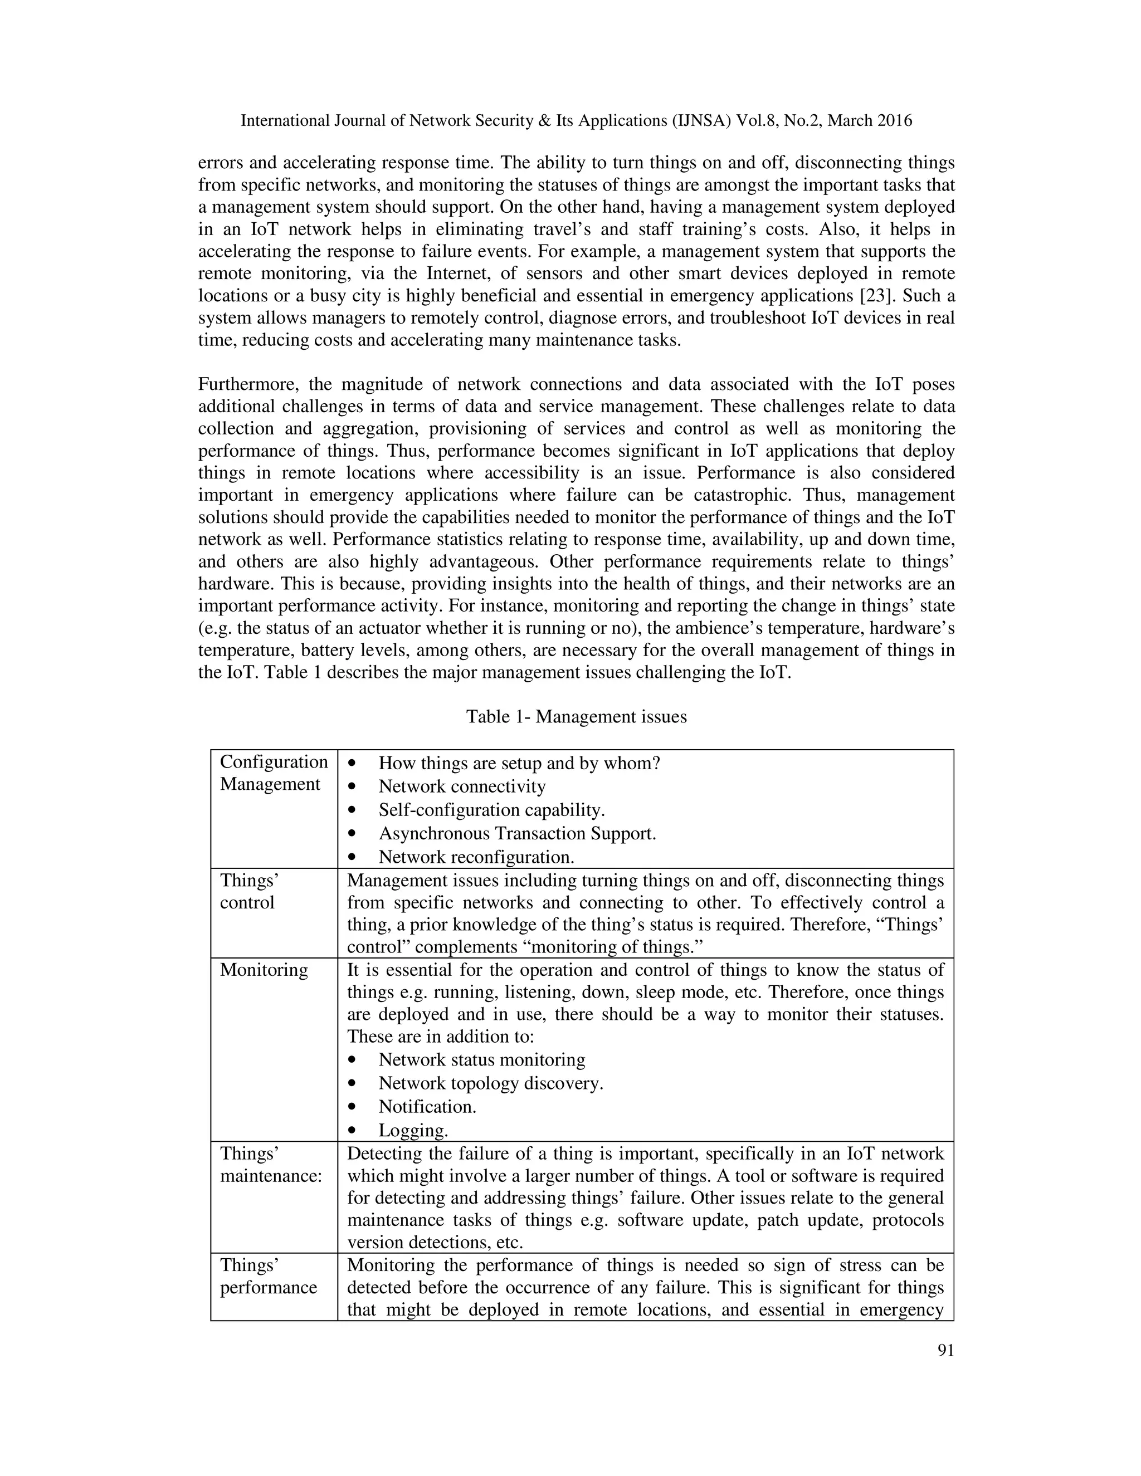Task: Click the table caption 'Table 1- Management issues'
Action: (576, 716)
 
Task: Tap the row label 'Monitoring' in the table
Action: (264, 970)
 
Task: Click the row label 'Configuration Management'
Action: (273, 773)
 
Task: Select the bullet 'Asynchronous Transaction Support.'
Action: (517, 833)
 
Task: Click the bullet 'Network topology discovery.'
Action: (491, 1083)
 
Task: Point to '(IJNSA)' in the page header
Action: (701, 121)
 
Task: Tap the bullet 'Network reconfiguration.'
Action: (476, 857)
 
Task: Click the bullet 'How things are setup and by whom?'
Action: (519, 763)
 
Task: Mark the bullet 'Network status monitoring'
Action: (481, 1060)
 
